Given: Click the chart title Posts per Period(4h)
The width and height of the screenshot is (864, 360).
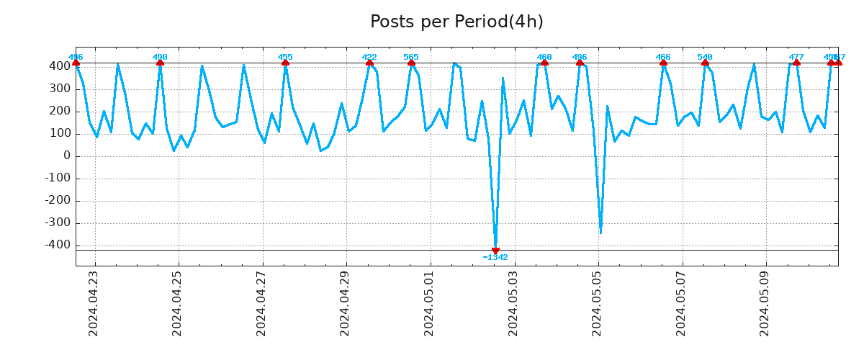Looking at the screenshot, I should pyautogui.click(x=456, y=22).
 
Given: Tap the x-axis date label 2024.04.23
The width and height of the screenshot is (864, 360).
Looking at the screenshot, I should pyautogui.click(x=94, y=303).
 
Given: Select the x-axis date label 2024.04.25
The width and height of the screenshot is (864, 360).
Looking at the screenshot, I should pyautogui.click(x=177, y=303).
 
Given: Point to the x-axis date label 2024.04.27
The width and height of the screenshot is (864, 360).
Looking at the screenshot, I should pyautogui.click(x=261, y=303).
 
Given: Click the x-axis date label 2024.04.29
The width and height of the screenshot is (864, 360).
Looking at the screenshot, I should pyautogui.click(x=345, y=303).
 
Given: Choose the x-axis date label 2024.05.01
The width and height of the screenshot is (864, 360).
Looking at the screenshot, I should pyautogui.click(x=429, y=303).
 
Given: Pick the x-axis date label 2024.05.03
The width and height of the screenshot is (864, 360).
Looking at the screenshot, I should pyautogui.click(x=513, y=303).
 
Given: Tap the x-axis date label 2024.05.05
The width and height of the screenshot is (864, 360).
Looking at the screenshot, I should pyautogui.click(x=597, y=303).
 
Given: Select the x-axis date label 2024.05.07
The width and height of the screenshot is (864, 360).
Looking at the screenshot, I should pyautogui.click(x=680, y=303).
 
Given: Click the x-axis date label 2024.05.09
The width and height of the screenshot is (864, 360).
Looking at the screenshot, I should pyautogui.click(x=765, y=303).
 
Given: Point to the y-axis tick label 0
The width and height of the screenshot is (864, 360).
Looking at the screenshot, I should pyautogui.click(x=66, y=156).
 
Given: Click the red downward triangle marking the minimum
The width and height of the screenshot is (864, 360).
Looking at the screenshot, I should pyautogui.click(x=495, y=251).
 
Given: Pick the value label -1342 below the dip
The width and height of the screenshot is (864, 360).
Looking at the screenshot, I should pyautogui.click(x=495, y=258).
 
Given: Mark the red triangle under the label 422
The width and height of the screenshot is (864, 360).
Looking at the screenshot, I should pyautogui.click(x=369, y=63).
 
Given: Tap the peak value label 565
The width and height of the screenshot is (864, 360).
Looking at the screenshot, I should pyautogui.click(x=411, y=57).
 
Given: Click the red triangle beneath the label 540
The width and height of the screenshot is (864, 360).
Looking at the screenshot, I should pyautogui.click(x=705, y=63).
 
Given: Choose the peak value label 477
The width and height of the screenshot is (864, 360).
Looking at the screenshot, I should pyautogui.click(x=796, y=57).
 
